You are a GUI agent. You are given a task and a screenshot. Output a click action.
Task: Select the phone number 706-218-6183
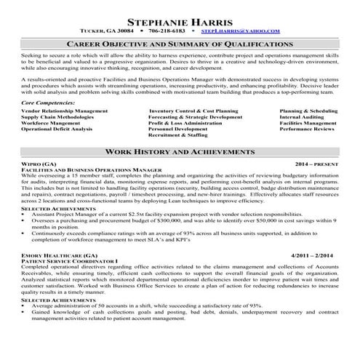coord(168,31)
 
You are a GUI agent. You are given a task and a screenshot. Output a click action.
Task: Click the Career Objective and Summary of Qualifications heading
coord(180,44)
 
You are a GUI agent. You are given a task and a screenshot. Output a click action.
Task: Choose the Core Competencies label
coord(47,103)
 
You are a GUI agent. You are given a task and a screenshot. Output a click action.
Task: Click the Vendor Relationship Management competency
coord(64,111)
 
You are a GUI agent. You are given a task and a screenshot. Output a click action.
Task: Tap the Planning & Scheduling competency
coord(308,111)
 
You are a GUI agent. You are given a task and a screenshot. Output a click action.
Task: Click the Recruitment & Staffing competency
coord(177,135)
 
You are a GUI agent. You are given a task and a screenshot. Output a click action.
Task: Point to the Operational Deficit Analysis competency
coord(57,129)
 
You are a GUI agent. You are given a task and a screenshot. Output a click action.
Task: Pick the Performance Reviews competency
coord(307,129)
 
